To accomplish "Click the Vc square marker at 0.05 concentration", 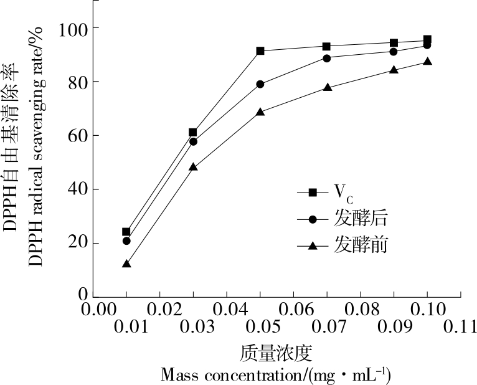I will pos(260,50).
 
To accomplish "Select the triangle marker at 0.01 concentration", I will pos(126,264).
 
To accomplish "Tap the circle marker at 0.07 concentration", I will pos(327,58).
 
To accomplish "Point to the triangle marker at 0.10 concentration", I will pos(427,61).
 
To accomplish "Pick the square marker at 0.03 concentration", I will pos(193,132).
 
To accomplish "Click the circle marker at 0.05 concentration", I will pos(260,84).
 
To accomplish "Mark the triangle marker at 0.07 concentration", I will pos(327,87).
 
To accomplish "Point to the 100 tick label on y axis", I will pos(73,28).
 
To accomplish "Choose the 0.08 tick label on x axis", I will pos(361,310).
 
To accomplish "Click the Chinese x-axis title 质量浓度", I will pos(275,354).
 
